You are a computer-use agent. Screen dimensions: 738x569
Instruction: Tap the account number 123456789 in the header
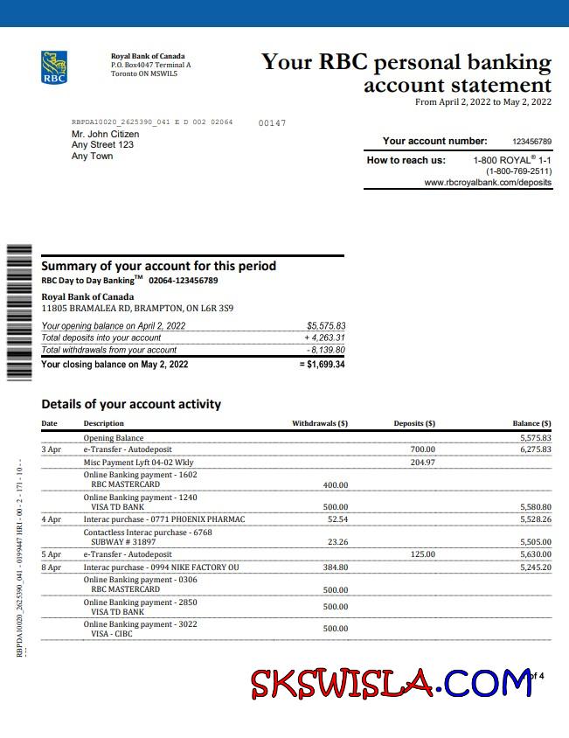531,142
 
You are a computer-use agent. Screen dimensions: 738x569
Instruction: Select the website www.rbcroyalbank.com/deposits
488,183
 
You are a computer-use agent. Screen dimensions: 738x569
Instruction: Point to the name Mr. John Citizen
105,134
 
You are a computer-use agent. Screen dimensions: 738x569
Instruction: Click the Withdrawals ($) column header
320,424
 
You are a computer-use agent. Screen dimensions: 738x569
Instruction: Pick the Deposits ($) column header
414,424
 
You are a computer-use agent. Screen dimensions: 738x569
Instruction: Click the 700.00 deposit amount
422,449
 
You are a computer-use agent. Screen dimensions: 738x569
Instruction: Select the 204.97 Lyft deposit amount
422,463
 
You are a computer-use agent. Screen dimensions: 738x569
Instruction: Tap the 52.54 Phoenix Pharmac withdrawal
337,519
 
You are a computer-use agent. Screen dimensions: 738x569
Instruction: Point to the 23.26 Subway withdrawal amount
337,542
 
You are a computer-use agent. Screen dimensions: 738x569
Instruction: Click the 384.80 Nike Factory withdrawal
335,567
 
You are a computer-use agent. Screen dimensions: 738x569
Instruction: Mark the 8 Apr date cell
52,567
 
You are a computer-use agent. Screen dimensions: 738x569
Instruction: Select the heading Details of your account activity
131,404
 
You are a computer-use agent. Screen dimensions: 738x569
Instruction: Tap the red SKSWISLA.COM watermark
391,682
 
